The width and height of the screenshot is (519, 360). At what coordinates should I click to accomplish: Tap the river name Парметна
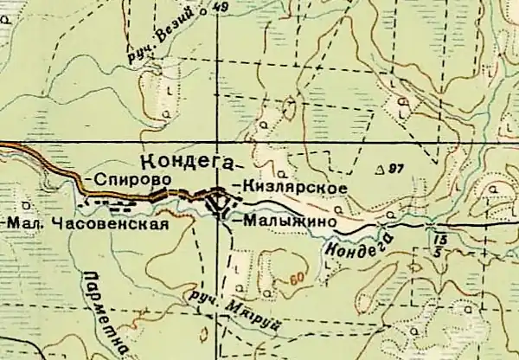[x=103, y=311]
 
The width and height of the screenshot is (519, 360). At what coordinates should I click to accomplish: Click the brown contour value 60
[x=298, y=279]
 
